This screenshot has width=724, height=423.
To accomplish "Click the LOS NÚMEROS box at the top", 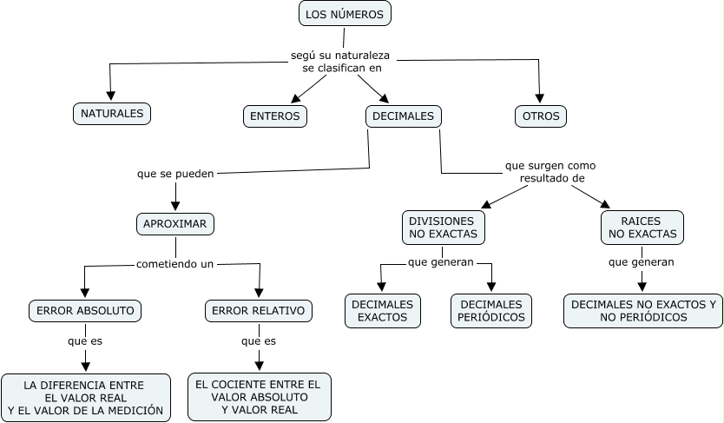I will click(x=345, y=14).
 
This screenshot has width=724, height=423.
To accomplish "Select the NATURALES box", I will click(x=111, y=114).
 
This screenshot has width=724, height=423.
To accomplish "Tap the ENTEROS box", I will click(x=274, y=116).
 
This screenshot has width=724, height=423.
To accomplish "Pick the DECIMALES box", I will click(x=403, y=116).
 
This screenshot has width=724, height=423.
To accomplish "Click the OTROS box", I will click(x=540, y=116).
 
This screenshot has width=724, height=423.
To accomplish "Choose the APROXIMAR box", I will click(x=175, y=223).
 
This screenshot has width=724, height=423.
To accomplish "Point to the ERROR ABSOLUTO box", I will click(x=84, y=310).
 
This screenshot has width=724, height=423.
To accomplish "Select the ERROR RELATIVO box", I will click(x=259, y=310).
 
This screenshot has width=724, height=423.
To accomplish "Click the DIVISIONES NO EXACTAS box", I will click(x=443, y=227).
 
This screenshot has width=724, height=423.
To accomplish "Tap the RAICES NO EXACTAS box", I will click(x=642, y=227).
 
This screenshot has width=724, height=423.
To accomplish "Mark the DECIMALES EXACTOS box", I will click(x=382, y=311).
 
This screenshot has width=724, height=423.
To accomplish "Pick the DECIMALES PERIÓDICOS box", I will click(x=491, y=311).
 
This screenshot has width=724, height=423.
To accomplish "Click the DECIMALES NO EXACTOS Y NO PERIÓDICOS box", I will click(x=642, y=311).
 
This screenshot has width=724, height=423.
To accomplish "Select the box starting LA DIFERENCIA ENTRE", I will click(x=85, y=397).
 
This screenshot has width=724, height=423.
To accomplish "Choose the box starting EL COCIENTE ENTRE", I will click(x=259, y=397).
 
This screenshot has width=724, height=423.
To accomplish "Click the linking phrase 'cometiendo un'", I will click(x=174, y=263).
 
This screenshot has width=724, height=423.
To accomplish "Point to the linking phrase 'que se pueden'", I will click(x=175, y=173).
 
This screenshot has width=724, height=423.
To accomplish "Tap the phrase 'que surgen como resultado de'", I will click(x=551, y=171).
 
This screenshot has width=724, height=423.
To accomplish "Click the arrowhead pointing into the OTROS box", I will click(x=540, y=98).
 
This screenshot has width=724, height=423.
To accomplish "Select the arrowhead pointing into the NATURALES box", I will click(x=111, y=96).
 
